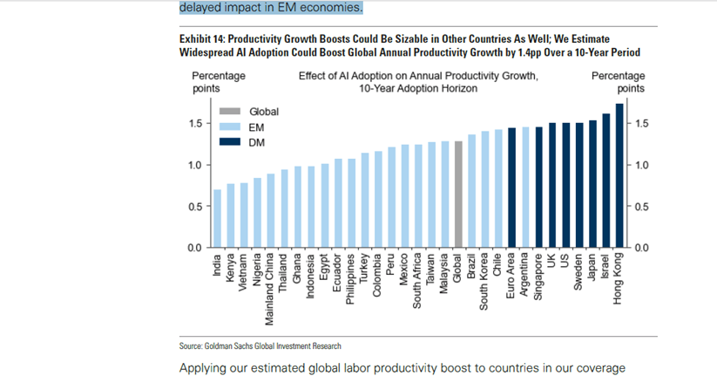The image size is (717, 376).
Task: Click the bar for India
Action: click(x=218, y=219)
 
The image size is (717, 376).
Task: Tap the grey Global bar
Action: click(x=458, y=195)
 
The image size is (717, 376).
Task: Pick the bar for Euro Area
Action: click(x=511, y=188)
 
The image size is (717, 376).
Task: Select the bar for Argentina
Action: click(x=525, y=188)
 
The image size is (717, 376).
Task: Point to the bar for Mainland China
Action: click(x=271, y=211)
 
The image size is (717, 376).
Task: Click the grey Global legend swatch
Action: click(x=229, y=112)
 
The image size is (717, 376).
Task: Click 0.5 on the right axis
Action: click(x=640, y=207)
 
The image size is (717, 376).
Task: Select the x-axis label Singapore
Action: click(x=538, y=272)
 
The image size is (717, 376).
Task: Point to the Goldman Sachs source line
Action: click(x=260, y=346)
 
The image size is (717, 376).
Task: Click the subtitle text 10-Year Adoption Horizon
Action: click(x=418, y=88)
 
